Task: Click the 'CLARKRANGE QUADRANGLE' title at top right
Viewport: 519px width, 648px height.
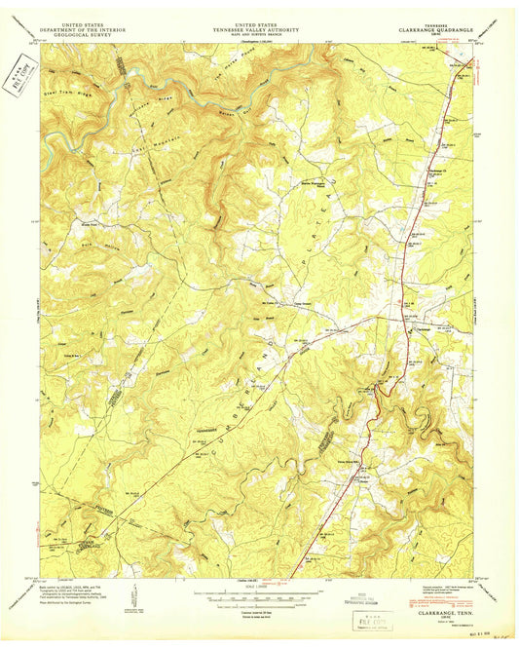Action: coord(436,30)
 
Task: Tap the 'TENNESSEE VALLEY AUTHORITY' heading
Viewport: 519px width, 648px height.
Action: coord(258,30)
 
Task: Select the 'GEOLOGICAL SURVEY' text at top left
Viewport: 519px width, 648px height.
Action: coord(81,35)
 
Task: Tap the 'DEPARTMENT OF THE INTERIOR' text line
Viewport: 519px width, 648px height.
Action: coord(81,30)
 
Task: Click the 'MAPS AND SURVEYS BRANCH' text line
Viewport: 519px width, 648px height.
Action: coord(258,35)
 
